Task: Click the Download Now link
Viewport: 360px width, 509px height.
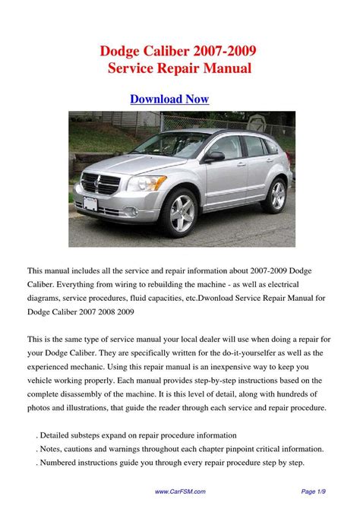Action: point(169,99)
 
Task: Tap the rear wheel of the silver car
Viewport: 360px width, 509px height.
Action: point(277,195)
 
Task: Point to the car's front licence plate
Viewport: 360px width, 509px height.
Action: point(90,203)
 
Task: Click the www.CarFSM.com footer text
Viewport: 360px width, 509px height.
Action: point(179,492)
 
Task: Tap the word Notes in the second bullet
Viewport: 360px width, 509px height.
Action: point(53,449)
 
